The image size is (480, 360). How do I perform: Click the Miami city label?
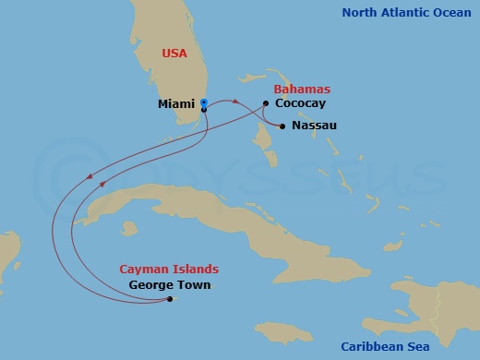pyautogui.click(x=175, y=104)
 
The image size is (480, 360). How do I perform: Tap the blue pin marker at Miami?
pyautogui.click(x=203, y=102)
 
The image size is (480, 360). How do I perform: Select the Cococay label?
pyautogui.click(x=300, y=104)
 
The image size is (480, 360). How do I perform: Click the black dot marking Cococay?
pyautogui.click(x=266, y=103)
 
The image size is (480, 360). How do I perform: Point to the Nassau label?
pyautogui.click(x=314, y=125)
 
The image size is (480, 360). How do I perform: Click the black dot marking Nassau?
pyautogui.click(x=282, y=126)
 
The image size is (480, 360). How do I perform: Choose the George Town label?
pyautogui.click(x=170, y=285)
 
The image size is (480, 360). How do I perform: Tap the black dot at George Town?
pyautogui.click(x=170, y=299)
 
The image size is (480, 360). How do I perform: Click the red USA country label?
pyautogui.click(x=174, y=54)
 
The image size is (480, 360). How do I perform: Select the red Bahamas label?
pyautogui.click(x=302, y=90)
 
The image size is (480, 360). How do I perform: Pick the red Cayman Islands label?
pyautogui.click(x=169, y=270)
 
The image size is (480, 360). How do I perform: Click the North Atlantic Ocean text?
pyautogui.click(x=406, y=13)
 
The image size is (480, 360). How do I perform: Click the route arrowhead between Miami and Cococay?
pyautogui.click(x=236, y=102)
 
